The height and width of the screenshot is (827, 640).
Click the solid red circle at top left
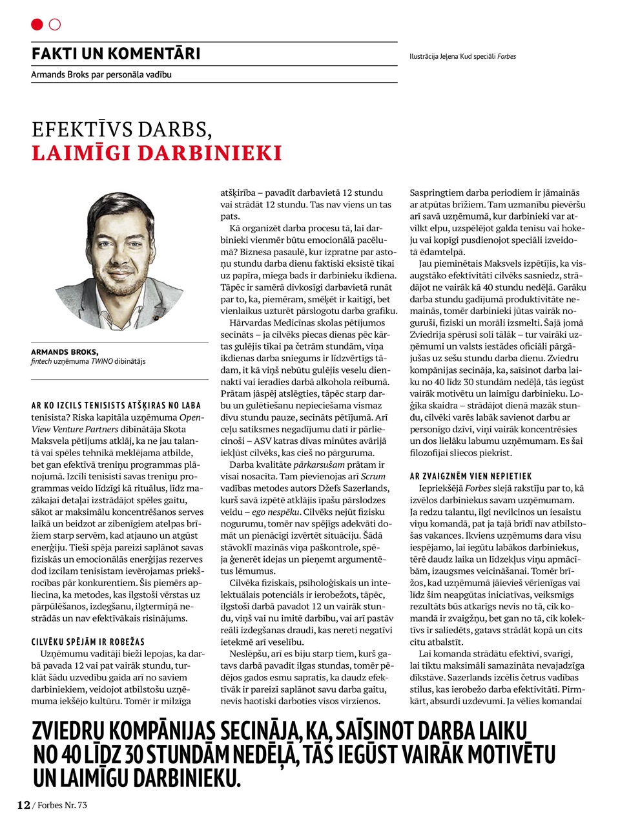(37, 25)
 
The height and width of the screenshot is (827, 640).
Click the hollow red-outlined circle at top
(55, 25)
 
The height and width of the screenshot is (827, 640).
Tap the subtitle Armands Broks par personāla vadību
(101, 74)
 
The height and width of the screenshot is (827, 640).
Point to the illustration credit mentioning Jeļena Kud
(462, 56)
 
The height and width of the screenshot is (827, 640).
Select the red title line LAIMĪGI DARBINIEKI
(157, 153)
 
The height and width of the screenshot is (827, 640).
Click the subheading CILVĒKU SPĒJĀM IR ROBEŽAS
(88, 642)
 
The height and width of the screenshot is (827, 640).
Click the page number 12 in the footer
(23, 805)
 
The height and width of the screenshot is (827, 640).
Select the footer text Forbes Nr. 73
(62, 805)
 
